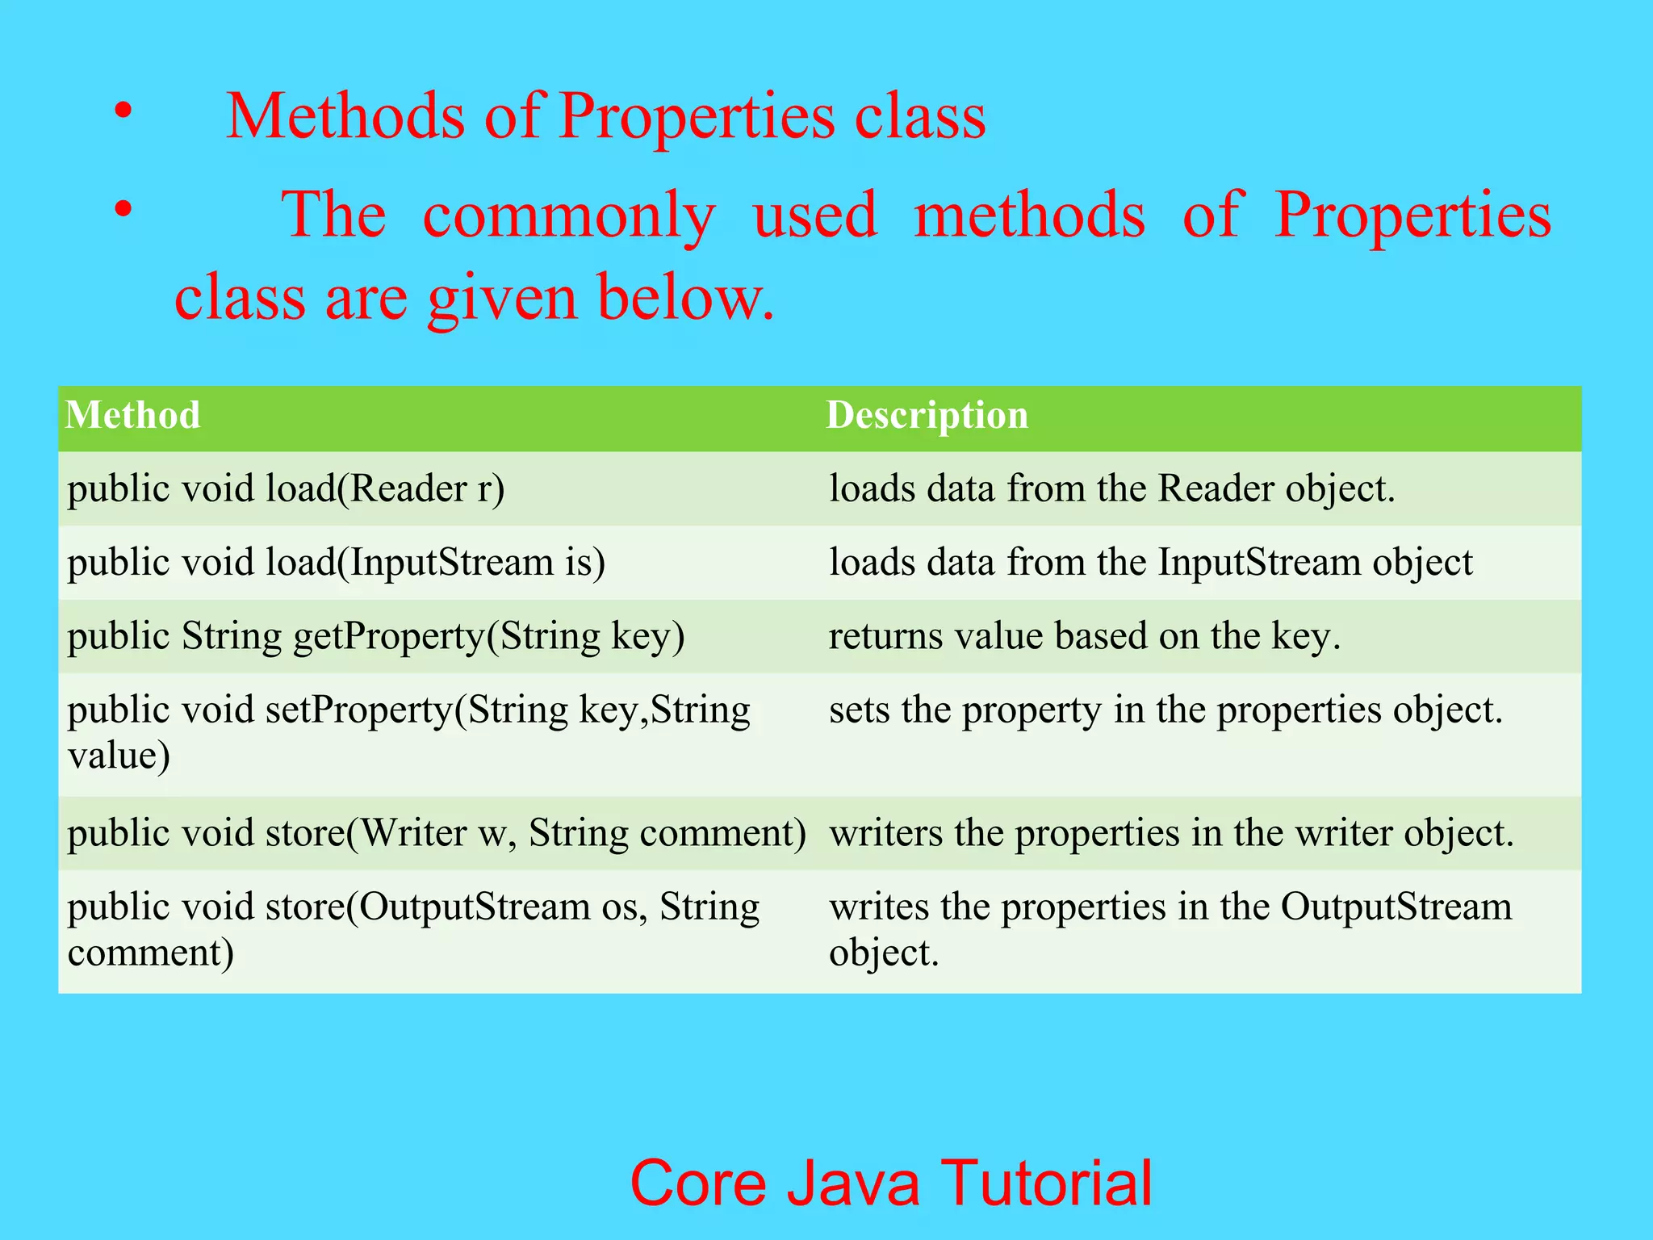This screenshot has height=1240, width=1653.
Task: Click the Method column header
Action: point(133,416)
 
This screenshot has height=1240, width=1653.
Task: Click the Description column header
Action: point(927,416)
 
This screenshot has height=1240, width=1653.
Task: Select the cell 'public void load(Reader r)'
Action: point(286,489)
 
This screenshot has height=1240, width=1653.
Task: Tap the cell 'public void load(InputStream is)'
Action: point(336,563)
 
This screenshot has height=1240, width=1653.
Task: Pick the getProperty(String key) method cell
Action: point(376,636)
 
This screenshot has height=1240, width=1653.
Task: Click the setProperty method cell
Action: point(408,731)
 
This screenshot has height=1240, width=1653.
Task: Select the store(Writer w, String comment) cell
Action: point(436,833)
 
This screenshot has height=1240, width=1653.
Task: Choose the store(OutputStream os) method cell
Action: point(413,929)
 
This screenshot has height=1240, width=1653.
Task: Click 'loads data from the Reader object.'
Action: point(1111,489)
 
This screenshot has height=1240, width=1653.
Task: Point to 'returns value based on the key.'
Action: point(1084,636)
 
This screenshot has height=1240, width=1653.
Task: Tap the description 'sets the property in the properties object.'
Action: point(1165,710)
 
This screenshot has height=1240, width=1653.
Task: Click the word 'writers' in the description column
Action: point(885,833)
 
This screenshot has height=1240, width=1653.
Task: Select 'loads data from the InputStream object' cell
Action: point(1150,563)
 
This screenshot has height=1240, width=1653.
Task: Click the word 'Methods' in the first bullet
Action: point(345,116)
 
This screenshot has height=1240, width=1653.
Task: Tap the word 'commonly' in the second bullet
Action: point(568,216)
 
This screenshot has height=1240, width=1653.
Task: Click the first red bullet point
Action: point(122,111)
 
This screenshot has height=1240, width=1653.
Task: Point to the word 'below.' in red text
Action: point(686,298)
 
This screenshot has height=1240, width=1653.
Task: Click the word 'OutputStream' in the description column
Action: point(1396,907)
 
